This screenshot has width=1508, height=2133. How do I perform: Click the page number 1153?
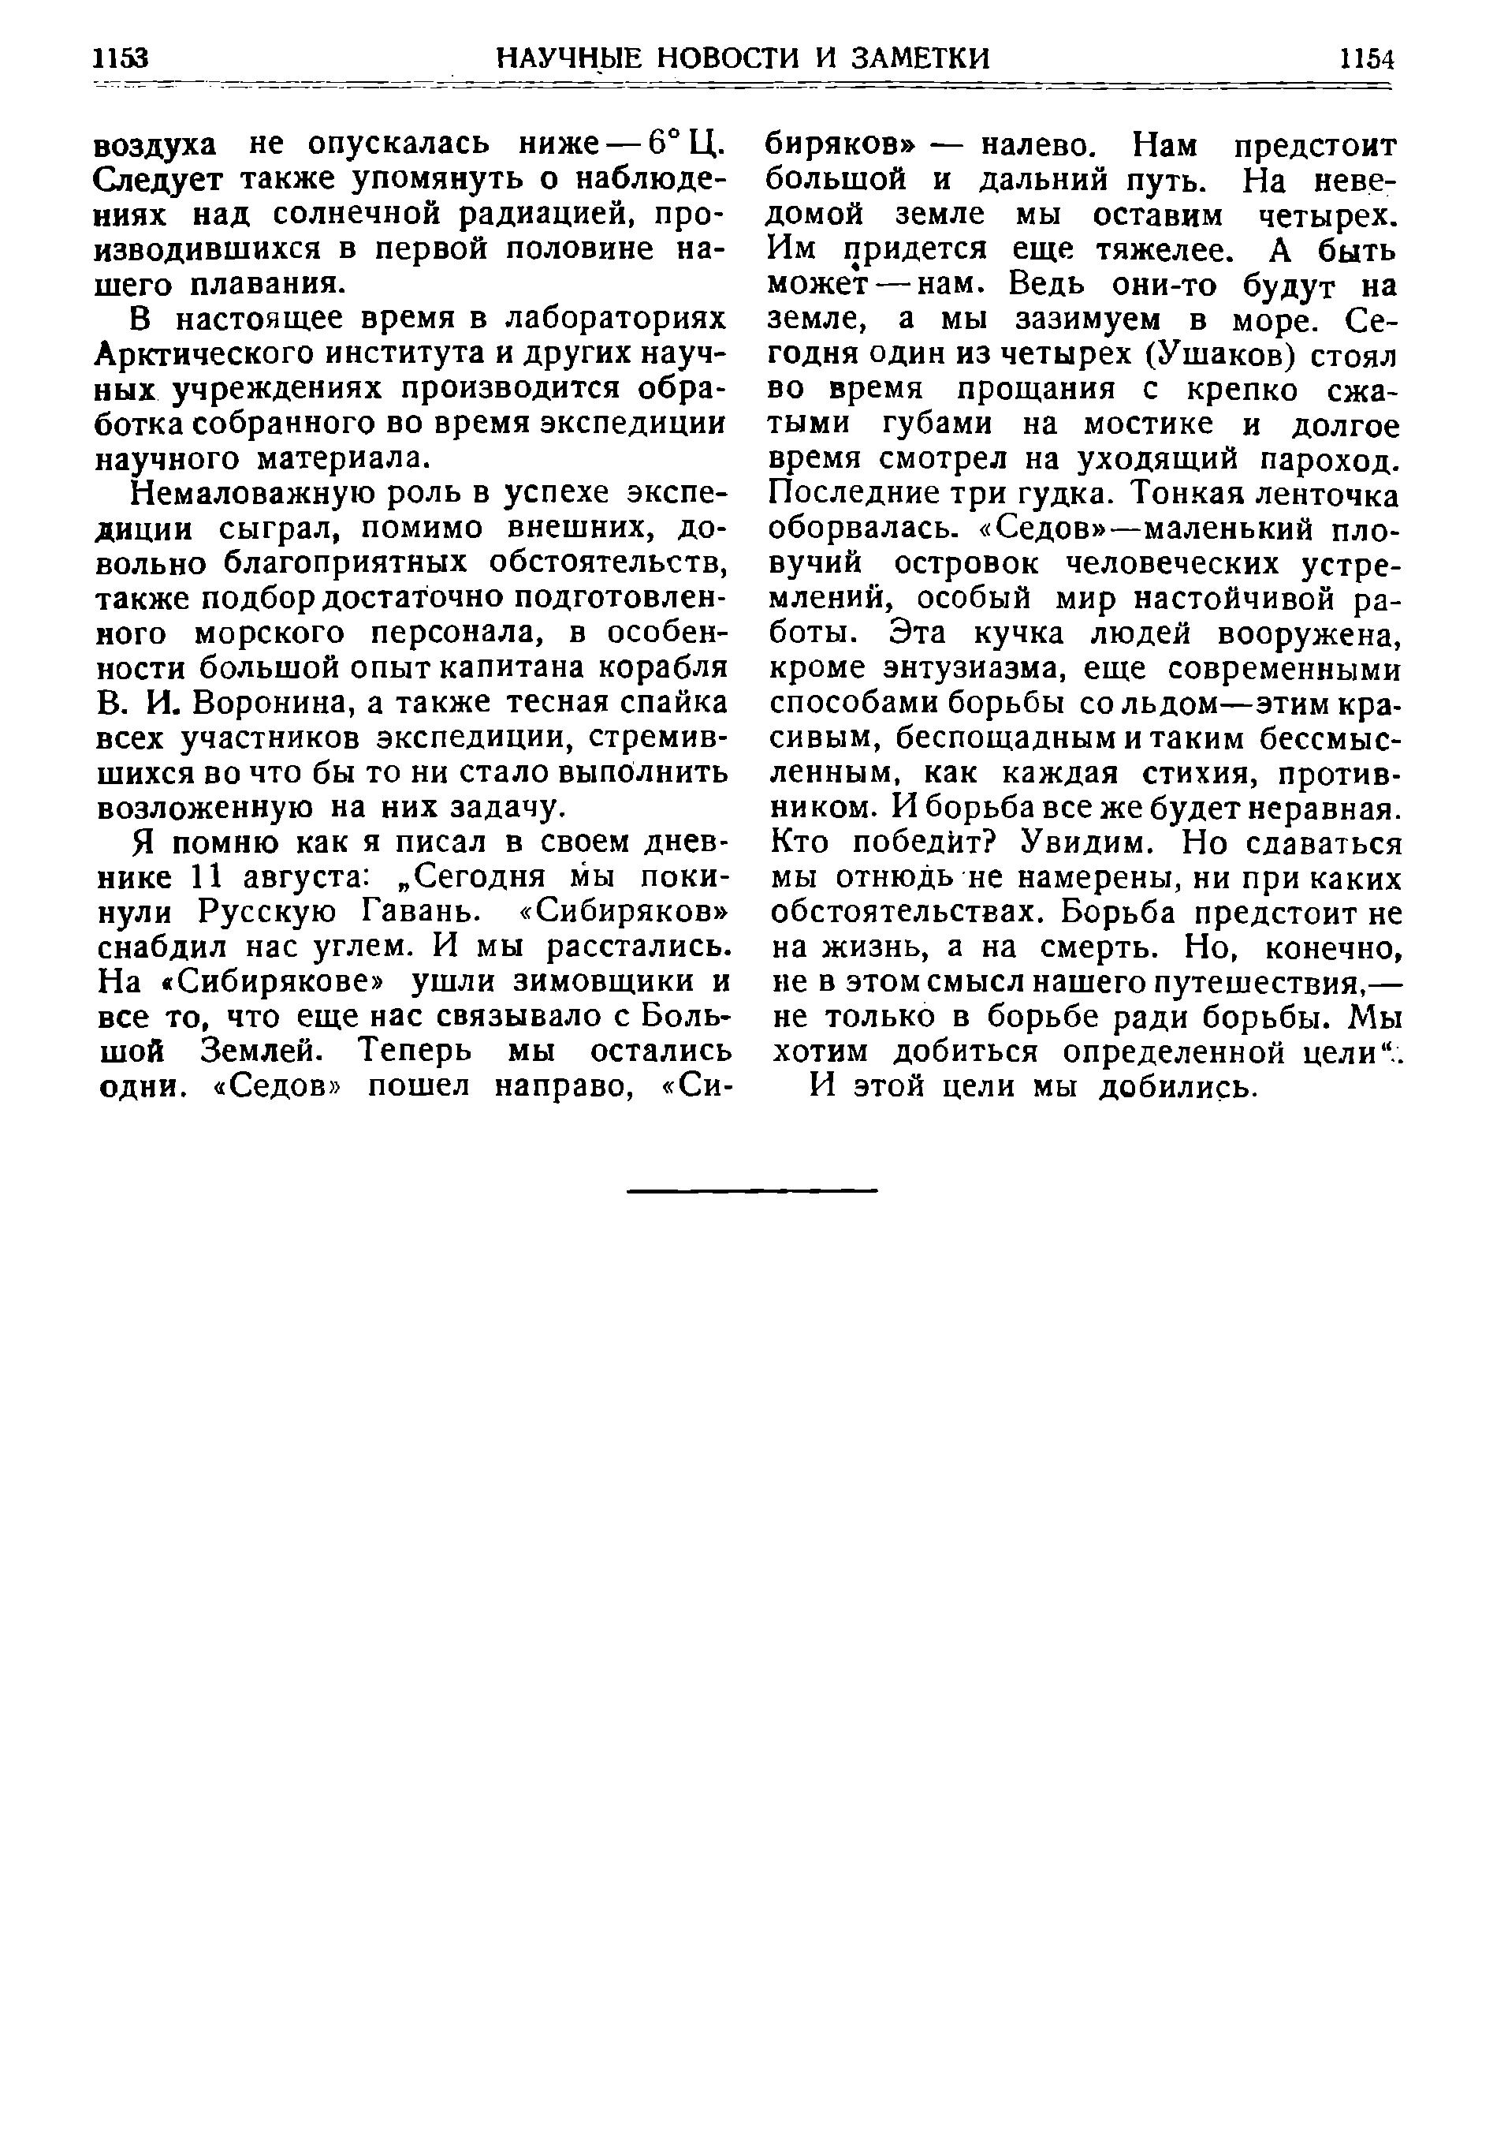(x=121, y=58)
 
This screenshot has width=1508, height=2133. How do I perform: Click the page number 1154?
(x=1367, y=58)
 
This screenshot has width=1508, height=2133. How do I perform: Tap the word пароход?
(x=1335, y=460)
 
